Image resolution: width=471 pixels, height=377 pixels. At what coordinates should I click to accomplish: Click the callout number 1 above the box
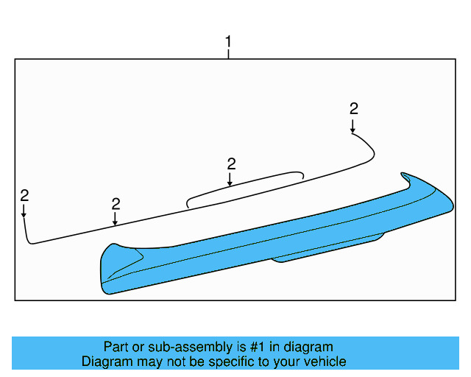[x=228, y=42]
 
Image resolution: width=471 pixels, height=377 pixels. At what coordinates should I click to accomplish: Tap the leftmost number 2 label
[x=24, y=196]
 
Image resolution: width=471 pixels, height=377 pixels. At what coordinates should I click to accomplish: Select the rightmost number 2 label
[x=353, y=109]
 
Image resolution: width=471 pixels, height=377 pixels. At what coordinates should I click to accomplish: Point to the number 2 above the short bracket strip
[x=231, y=164]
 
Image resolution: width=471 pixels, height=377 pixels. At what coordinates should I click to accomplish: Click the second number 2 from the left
[x=116, y=205]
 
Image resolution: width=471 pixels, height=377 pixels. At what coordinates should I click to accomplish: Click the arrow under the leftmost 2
[x=24, y=211]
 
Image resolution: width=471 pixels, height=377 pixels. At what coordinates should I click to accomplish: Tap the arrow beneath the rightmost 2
[x=353, y=126]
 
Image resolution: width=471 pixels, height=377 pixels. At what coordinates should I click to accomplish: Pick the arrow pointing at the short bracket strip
[x=230, y=179]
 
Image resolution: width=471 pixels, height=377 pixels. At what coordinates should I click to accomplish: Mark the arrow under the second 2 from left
[x=115, y=219]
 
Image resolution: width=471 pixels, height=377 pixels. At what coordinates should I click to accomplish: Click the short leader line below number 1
[x=228, y=54]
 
